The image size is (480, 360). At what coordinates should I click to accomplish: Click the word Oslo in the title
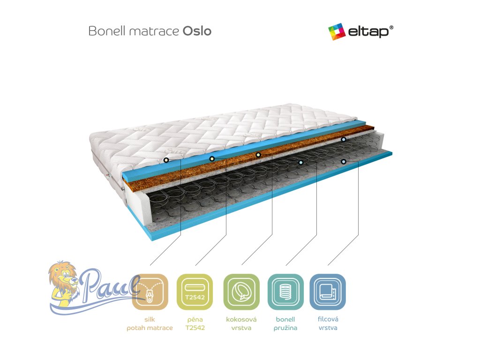pyautogui.click(x=197, y=31)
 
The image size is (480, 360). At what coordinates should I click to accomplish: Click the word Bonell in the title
pyautogui.click(x=104, y=31)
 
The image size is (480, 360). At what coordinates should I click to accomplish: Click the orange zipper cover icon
pyautogui.click(x=150, y=292)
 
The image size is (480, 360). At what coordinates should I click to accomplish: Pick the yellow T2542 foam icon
pyautogui.click(x=195, y=292)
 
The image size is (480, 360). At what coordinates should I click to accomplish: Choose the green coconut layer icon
pyautogui.click(x=241, y=292)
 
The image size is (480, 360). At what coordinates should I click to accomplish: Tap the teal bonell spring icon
pyautogui.click(x=285, y=292)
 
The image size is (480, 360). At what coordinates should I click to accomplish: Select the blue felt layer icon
pyautogui.click(x=328, y=292)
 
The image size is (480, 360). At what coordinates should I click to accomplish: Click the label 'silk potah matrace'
pyautogui.click(x=150, y=323)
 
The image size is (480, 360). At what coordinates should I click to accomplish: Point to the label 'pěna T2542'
pyautogui.click(x=195, y=323)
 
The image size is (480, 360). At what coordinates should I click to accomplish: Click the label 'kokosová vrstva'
pyautogui.click(x=241, y=323)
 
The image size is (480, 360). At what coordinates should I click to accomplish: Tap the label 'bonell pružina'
pyautogui.click(x=285, y=323)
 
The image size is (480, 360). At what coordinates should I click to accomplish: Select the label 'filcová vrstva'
pyautogui.click(x=328, y=323)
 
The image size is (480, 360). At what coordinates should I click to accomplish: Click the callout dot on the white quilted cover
pyautogui.click(x=166, y=160)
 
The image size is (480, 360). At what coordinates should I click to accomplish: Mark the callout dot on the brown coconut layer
pyautogui.click(x=258, y=155)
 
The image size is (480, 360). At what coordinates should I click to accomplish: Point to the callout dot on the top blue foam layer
pyautogui.click(x=212, y=159)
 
